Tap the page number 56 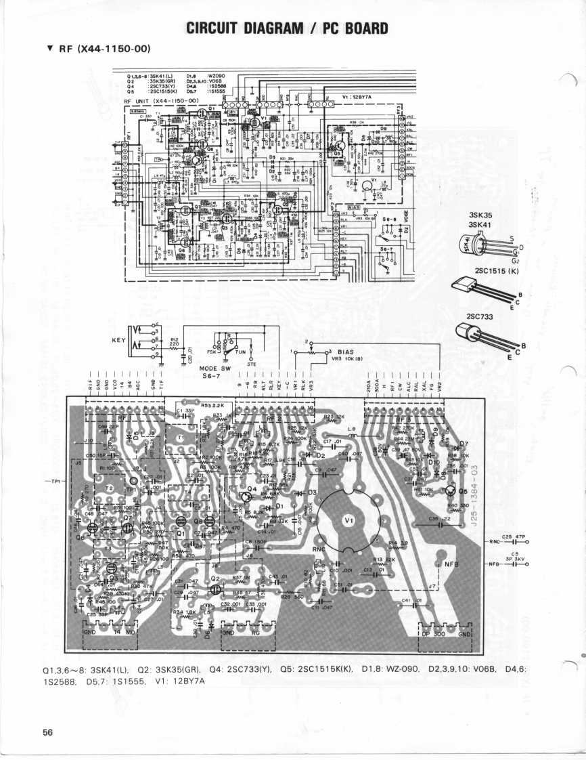pos(48,732)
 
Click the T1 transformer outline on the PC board pos(181,438)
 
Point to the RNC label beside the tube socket pos(320,548)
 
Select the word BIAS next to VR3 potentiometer pos(346,352)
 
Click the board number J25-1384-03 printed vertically pos(475,495)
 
